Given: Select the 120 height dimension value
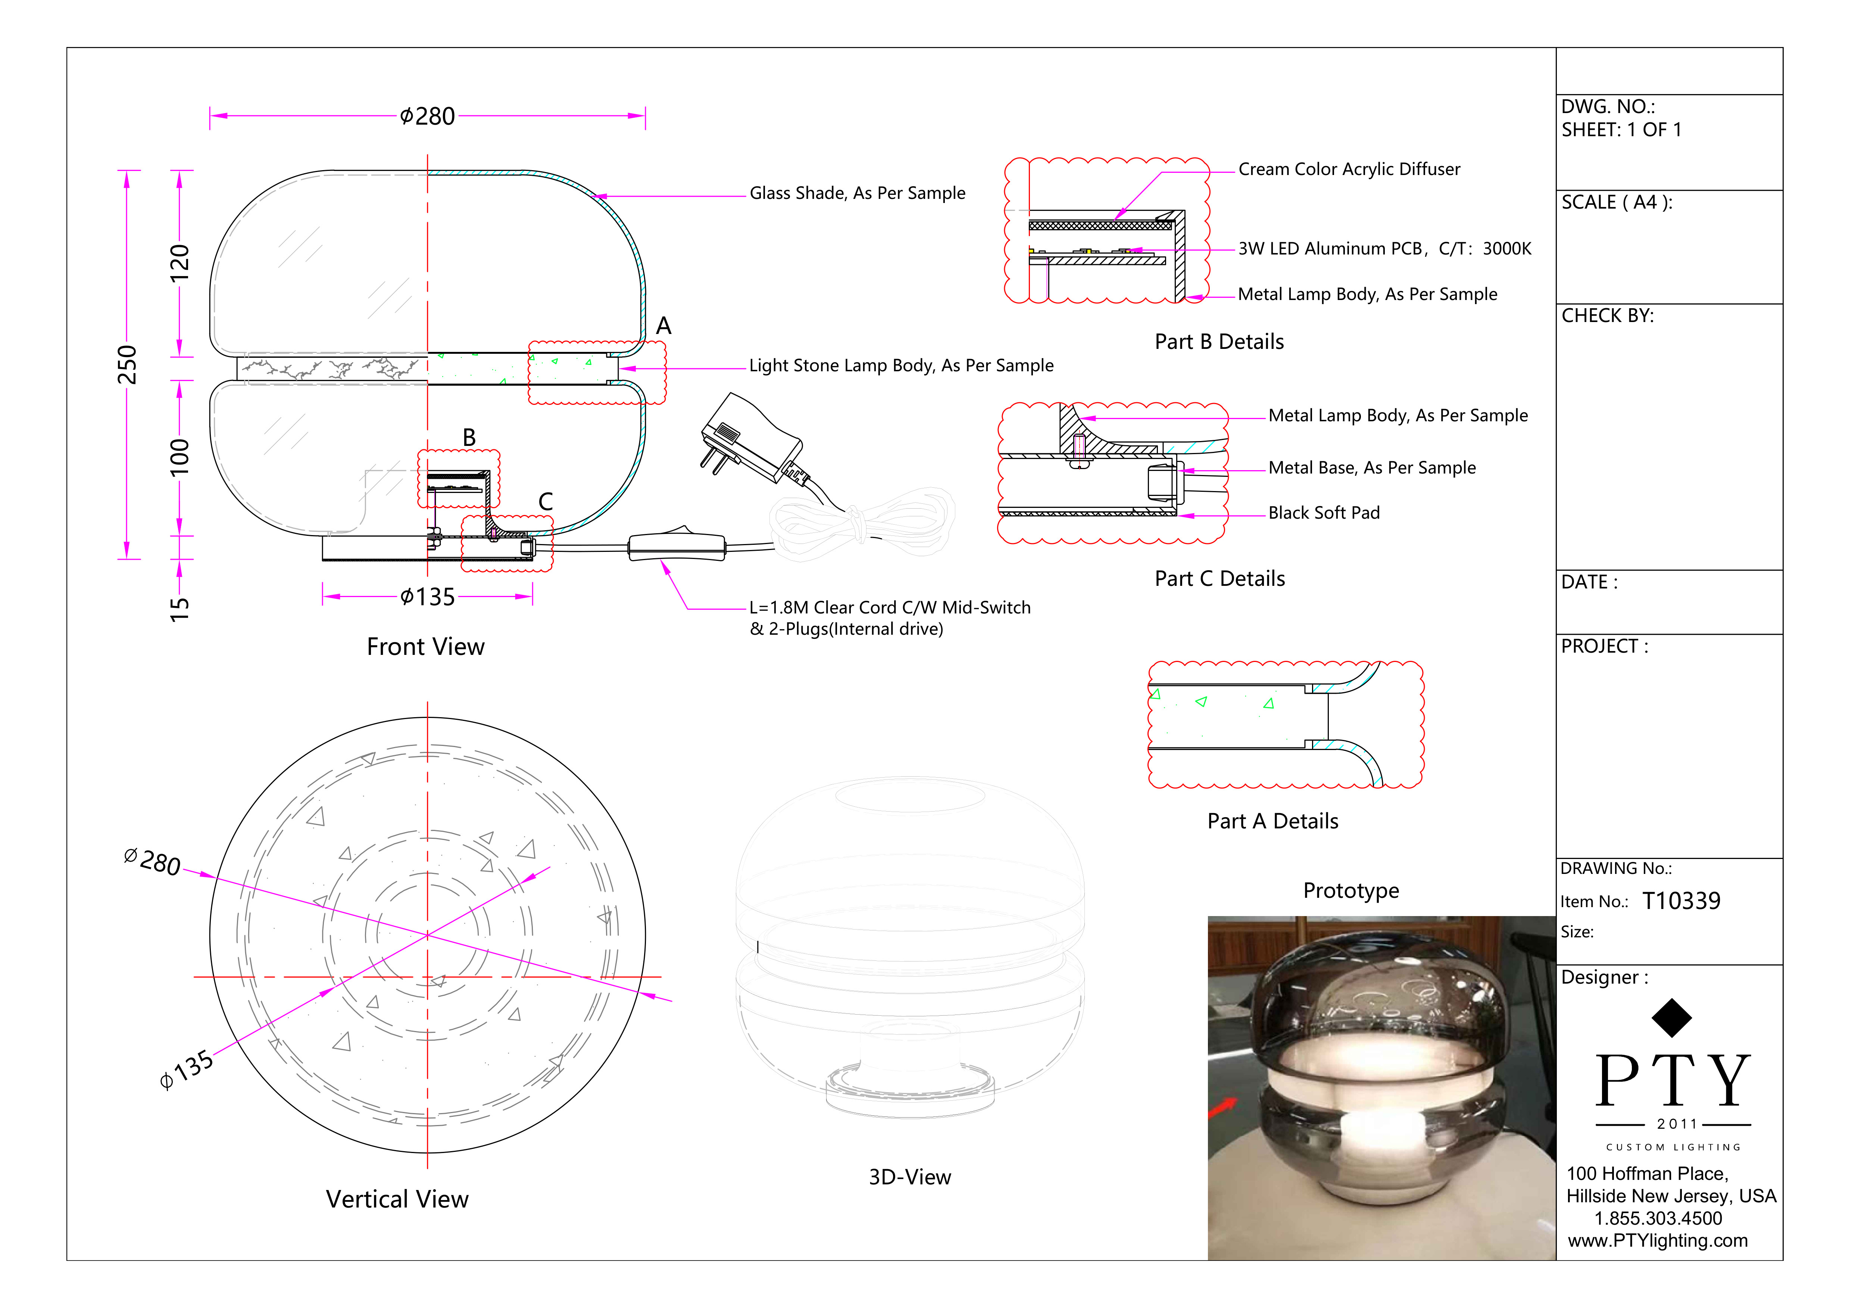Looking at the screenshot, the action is (179, 263).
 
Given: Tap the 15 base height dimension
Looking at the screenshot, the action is (179, 608).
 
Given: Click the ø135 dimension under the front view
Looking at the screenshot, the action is (428, 597).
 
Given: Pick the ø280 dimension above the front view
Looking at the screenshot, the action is (428, 116).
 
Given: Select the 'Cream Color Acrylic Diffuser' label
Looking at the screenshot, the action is (1349, 169).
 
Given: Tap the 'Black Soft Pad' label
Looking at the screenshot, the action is (1324, 513).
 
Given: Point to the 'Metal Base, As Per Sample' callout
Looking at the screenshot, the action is (1371, 468).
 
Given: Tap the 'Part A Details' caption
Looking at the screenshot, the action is (1272, 821).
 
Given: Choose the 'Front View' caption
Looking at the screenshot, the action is (425, 647).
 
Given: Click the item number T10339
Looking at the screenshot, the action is (1681, 901).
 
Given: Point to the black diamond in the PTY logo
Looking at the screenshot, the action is (1671, 1018).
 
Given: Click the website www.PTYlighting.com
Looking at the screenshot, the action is (1658, 1240).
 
